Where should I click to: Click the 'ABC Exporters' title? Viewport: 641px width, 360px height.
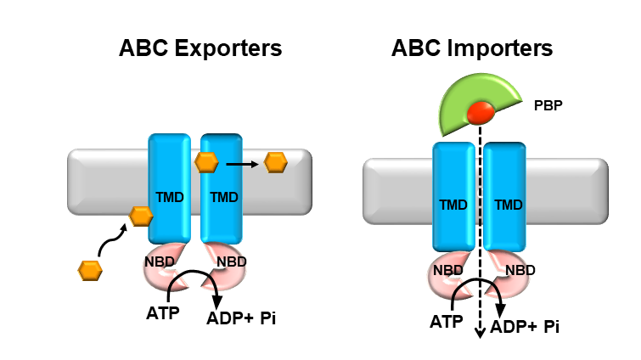(x=200, y=48)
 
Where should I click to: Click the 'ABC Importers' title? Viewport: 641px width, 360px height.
(x=472, y=48)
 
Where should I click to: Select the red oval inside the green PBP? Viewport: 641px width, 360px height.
(x=481, y=111)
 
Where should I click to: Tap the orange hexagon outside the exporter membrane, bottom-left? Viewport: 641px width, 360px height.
(x=90, y=270)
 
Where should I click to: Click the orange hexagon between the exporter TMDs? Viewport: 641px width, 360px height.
(x=206, y=161)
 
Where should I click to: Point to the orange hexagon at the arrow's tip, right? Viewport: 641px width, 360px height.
(x=276, y=161)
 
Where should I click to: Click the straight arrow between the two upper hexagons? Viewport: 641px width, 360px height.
(x=241, y=161)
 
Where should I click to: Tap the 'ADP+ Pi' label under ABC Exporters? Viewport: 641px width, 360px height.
(x=242, y=319)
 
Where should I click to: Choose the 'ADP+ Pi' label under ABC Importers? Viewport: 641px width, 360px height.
(x=524, y=326)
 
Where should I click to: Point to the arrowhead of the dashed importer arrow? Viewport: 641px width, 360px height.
(x=481, y=333)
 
